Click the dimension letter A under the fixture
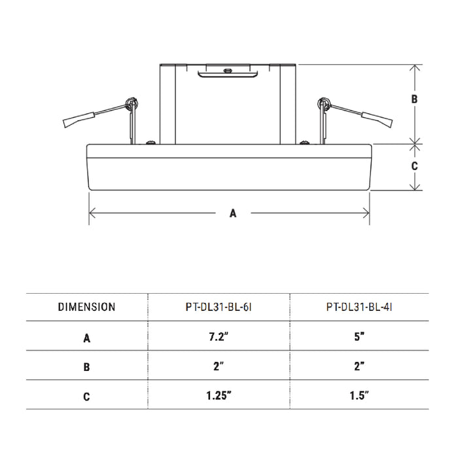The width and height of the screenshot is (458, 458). (232, 213)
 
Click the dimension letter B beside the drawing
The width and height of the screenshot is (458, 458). (414, 99)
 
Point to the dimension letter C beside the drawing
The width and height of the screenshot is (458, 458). (414, 166)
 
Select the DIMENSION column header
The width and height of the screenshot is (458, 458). (86, 307)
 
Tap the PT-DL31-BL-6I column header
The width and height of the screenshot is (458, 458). (219, 307)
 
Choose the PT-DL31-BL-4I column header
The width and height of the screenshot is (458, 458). (359, 307)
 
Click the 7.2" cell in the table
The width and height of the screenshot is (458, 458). (218, 337)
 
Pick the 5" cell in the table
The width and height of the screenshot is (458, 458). (359, 337)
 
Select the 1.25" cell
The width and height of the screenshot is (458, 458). (219, 395)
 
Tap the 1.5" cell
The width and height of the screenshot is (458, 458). (359, 395)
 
